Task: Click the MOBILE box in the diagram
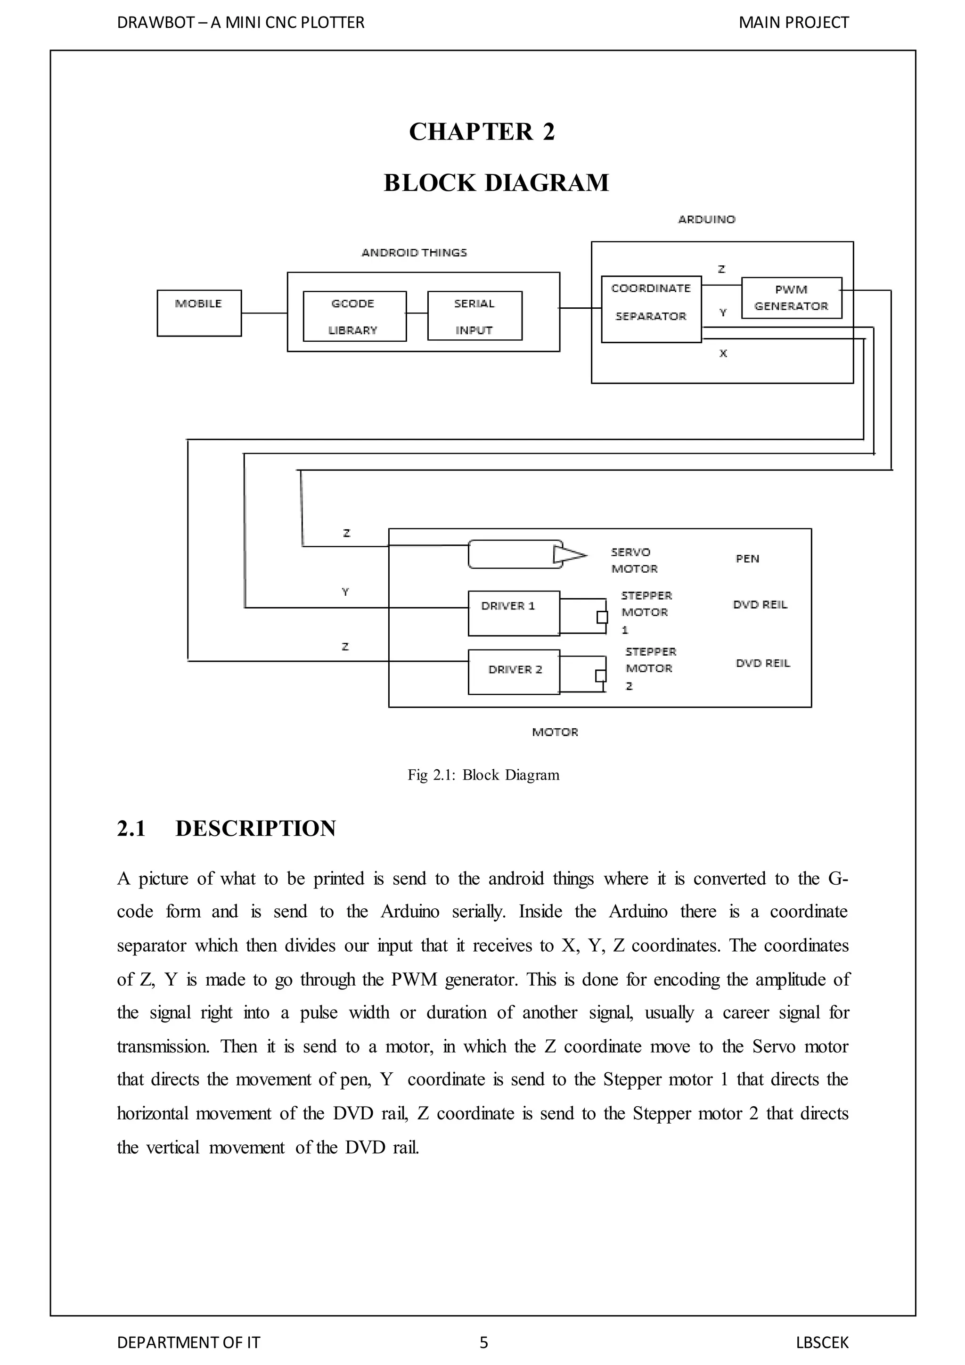pyautogui.click(x=199, y=313)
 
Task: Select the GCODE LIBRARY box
pyautogui.click(x=354, y=316)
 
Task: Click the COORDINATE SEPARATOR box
pyautogui.click(x=651, y=309)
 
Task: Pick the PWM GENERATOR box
pyautogui.click(x=792, y=298)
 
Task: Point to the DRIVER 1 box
pyautogui.click(x=514, y=613)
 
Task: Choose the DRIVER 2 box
pyautogui.click(x=514, y=672)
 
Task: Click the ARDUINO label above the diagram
pyautogui.click(x=706, y=219)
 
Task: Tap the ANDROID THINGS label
pyautogui.click(x=414, y=253)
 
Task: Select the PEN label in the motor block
pyautogui.click(x=747, y=559)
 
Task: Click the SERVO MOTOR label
pyautogui.click(x=634, y=560)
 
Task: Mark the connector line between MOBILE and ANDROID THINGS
pyautogui.click(x=264, y=313)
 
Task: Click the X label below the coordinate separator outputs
pyautogui.click(x=723, y=354)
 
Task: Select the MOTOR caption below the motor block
pyautogui.click(x=555, y=732)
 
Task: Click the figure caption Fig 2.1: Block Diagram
pyautogui.click(x=483, y=775)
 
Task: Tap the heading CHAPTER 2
pyautogui.click(x=482, y=132)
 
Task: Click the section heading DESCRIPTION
pyautogui.click(x=255, y=828)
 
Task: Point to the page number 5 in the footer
pyautogui.click(x=484, y=1342)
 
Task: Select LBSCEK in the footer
pyautogui.click(x=822, y=1342)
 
